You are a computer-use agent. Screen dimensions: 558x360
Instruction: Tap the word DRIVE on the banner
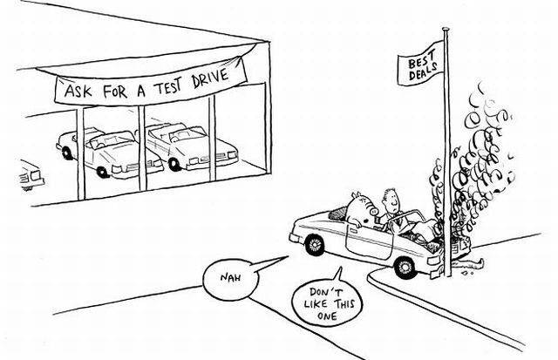(x=210, y=79)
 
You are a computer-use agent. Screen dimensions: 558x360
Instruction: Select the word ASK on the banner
(x=78, y=92)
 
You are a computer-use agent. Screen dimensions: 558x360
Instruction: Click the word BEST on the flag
(x=421, y=59)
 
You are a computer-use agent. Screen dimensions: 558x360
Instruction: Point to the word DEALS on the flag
(x=424, y=71)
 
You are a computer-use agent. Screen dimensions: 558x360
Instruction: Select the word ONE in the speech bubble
(x=327, y=316)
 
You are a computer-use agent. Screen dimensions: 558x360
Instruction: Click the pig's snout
(x=374, y=212)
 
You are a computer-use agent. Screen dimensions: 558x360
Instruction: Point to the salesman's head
(x=391, y=200)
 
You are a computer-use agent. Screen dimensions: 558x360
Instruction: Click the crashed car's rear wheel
(x=315, y=245)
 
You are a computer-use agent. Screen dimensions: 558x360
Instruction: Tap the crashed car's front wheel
(x=405, y=267)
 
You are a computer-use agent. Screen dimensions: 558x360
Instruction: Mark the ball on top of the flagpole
(x=446, y=30)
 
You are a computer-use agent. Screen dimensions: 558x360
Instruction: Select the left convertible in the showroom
(x=110, y=153)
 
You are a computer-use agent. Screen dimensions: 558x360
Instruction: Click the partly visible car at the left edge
(x=31, y=175)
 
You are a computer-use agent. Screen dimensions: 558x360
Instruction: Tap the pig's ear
(x=357, y=195)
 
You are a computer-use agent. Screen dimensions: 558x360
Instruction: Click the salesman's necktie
(x=397, y=221)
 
